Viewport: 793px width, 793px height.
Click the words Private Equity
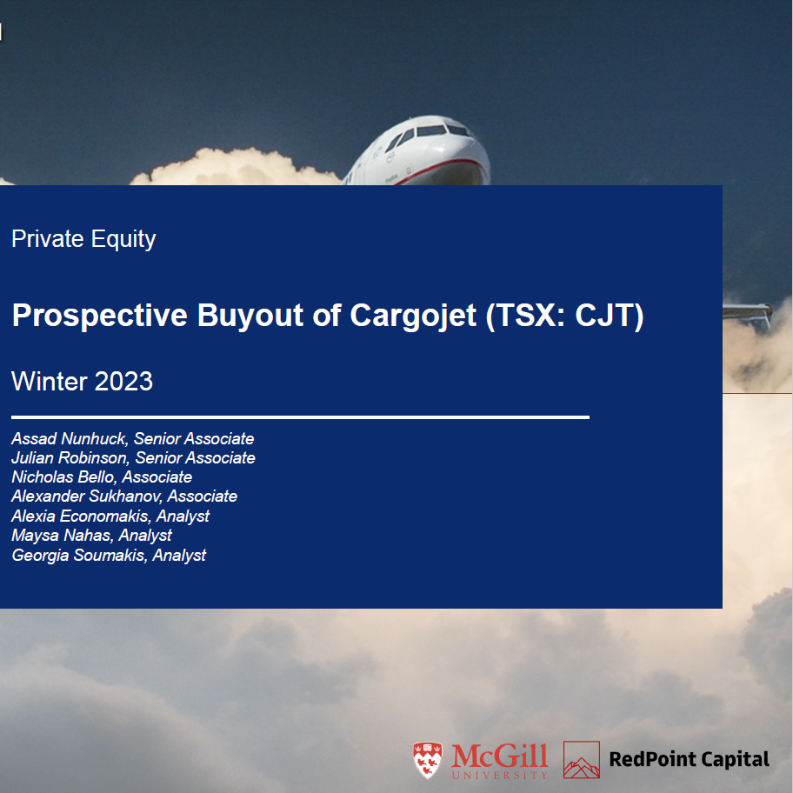83,239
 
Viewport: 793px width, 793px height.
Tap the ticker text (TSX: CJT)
565,316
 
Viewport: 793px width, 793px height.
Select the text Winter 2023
83,381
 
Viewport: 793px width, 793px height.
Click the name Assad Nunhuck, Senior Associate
132,439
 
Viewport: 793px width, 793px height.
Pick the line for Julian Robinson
133,458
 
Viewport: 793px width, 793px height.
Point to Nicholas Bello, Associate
102,477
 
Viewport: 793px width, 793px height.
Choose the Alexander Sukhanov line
124,496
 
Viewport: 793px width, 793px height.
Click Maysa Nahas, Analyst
91,536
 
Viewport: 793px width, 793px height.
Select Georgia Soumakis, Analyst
109,555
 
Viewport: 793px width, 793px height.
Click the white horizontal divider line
300,417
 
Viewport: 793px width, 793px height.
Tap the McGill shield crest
426,760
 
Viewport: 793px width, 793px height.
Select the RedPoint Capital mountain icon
582,759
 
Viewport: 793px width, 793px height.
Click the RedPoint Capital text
689,759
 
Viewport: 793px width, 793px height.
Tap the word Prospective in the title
100,316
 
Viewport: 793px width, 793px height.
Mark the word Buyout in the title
252,316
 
